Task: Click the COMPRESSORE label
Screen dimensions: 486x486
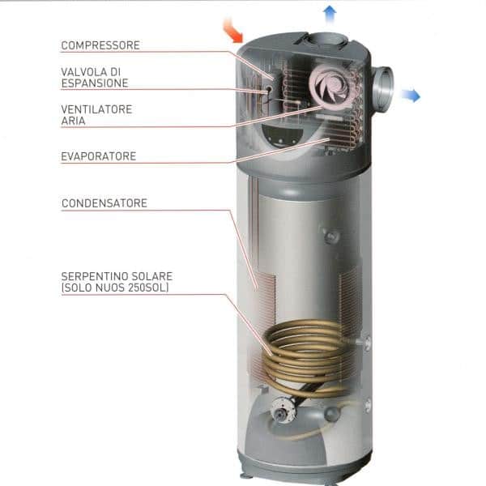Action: click(x=100, y=45)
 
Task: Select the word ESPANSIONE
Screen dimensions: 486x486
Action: click(x=95, y=83)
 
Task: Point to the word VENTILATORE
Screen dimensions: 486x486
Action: click(x=96, y=109)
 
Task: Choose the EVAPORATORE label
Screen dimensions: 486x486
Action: click(x=99, y=156)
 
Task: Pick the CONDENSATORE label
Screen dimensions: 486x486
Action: click(x=104, y=203)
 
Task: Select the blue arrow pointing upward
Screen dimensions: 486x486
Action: click(x=330, y=12)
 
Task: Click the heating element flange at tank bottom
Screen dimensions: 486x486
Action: click(x=283, y=412)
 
